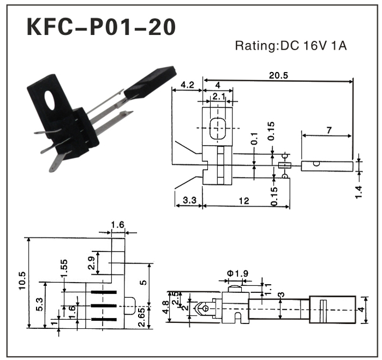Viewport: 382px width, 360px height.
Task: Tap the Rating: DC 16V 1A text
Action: tap(290, 46)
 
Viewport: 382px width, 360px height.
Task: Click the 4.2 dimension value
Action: tap(187, 85)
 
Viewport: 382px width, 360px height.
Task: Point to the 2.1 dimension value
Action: tap(218, 97)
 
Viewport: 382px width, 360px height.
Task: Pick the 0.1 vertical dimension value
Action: tap(254, 140)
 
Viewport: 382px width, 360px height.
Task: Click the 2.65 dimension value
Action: tap(141, 317)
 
